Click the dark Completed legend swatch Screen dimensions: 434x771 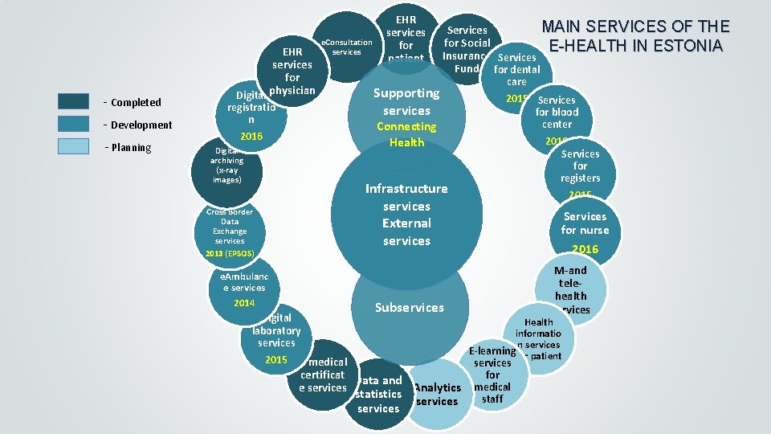[73, 101]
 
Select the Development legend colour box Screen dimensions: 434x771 [73, 124]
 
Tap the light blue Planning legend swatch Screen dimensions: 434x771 [73, 146]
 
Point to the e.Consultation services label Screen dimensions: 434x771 [346, 47]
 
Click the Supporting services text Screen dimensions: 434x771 [406, 102]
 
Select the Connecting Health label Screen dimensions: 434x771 [406, 134]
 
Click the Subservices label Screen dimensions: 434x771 [409, 307]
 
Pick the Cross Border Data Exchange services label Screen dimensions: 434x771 [230, 226]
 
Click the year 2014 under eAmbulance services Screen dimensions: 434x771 [244, 303]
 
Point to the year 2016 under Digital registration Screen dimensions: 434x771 [251, 137]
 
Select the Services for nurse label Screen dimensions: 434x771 [585, 223]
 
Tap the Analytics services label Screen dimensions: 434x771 [438, 395]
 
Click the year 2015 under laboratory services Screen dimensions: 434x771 [275, 359]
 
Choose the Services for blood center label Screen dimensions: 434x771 [557, 113]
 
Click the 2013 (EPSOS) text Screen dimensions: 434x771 [230, 254]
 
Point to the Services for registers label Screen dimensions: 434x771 [580, 166]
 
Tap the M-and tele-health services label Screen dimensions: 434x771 [571, 289]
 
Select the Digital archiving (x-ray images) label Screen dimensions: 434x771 [227, 165]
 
